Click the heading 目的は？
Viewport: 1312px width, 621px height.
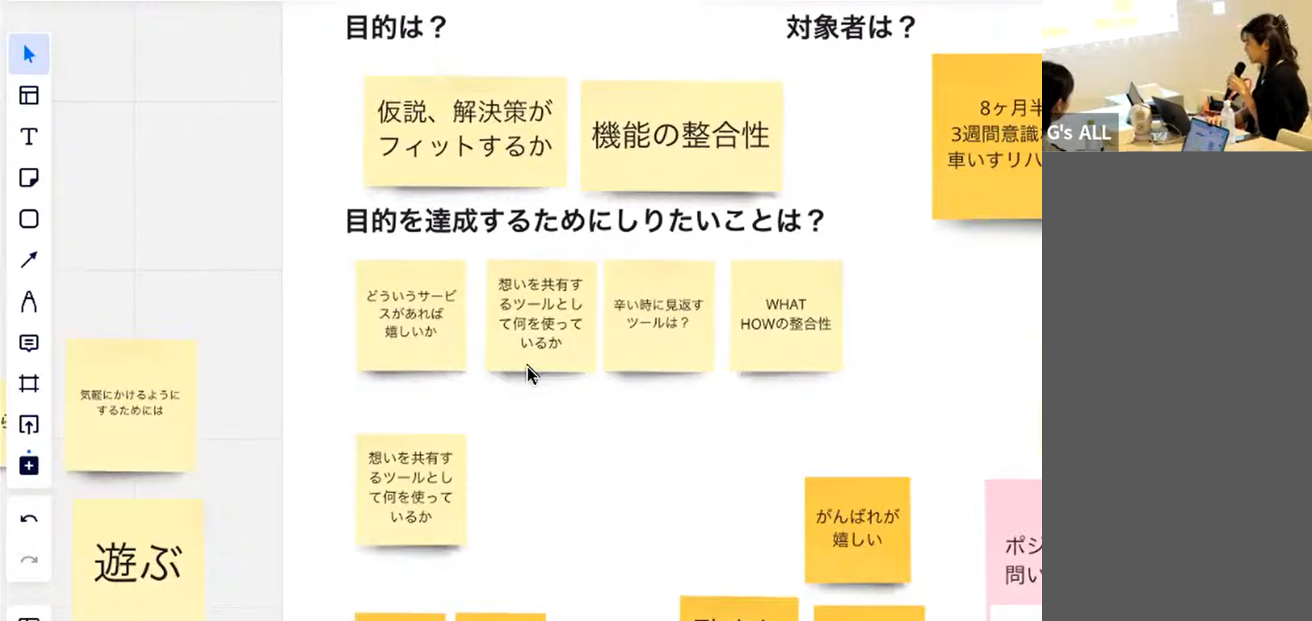[395, 28]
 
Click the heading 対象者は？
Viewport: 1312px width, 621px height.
[851, 28]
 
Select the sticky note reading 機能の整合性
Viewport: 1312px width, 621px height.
[681, 135]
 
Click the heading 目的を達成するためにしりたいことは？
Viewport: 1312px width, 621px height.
[584, 222]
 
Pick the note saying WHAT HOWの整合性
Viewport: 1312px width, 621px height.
[785, 315]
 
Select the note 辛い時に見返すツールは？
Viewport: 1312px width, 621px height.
[658, 315]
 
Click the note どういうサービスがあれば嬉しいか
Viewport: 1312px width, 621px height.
[411, 315]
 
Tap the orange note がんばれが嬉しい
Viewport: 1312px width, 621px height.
[857, 529]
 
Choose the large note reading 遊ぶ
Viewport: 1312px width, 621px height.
[138, 562]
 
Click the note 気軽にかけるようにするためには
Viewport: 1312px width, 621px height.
[130, 403]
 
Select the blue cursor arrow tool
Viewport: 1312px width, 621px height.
[29, 54]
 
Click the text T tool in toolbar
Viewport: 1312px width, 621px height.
[29, 137]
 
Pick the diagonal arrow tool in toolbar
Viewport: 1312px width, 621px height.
[29, 260]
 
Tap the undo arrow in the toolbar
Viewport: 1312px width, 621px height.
[29, 519]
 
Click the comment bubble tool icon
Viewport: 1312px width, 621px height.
[29, 342]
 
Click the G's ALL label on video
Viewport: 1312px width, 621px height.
[1078, 132]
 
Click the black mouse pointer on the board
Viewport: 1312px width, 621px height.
[532, 375]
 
